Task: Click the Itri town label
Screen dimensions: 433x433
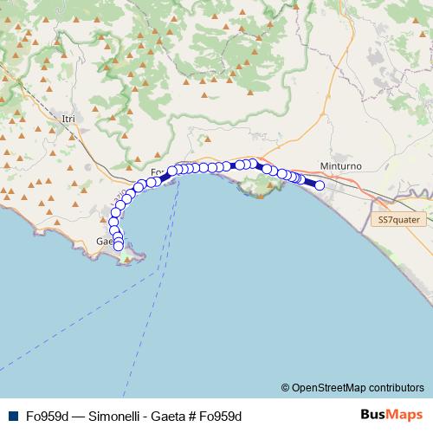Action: [70, 118]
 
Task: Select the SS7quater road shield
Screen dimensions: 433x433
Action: [398, 220]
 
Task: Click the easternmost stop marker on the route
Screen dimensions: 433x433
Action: [320, 185]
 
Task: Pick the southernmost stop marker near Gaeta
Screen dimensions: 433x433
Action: [119, 246]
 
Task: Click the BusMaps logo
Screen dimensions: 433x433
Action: [391, 415]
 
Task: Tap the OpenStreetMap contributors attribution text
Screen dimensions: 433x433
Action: [358, 387]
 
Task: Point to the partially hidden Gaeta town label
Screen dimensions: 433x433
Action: [106, 241]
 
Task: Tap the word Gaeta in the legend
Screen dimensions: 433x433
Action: [167, 416]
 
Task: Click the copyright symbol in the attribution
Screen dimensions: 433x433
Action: [285, 387]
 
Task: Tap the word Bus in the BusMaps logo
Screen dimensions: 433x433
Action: [372, 415]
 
